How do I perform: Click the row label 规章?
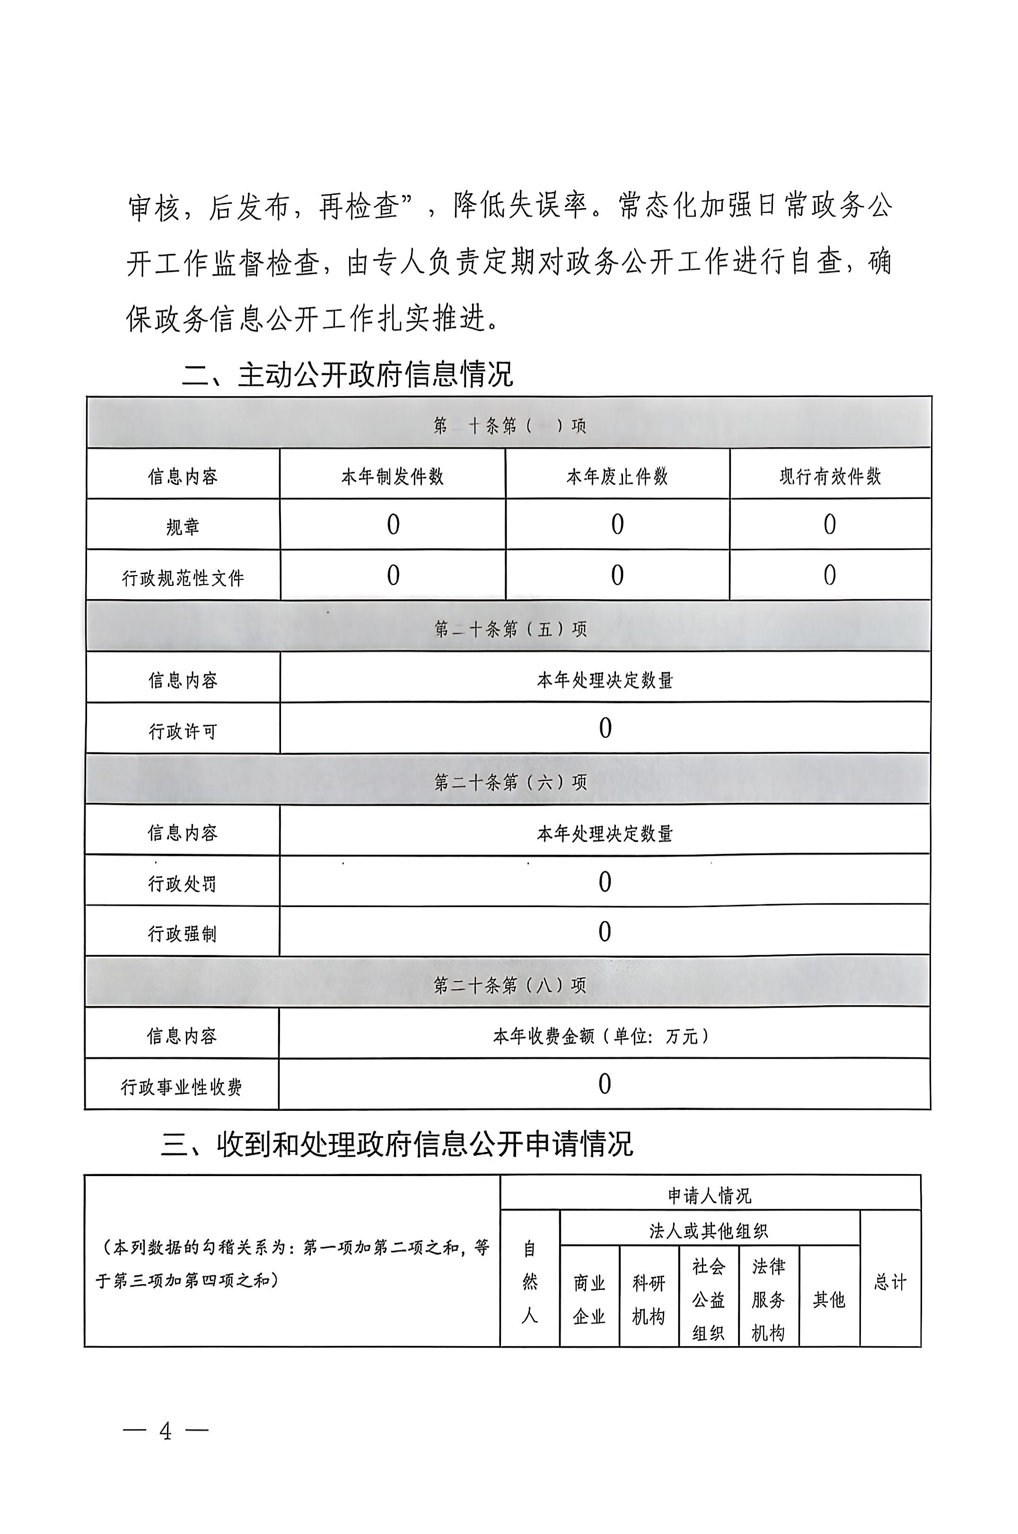pyautogui.click(x=183, y=527)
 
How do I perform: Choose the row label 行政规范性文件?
pyautogui.click(x=183, y=577)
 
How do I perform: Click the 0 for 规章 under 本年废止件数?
pyautogui.click(x=617, y=524)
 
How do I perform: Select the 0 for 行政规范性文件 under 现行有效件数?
pyautogui.click(x=829, y=575)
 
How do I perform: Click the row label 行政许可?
pyautogui.click(x=183, y=732)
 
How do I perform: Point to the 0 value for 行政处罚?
pyautogui.click(x=605, y=882)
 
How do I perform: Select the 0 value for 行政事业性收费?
pyautogui.click(x=605, y=1084)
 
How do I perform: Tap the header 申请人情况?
pyautogui.click(x=710, y=1195)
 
